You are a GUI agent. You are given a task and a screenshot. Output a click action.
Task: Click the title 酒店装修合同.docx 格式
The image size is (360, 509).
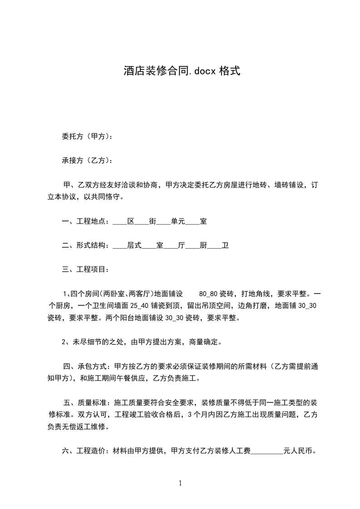[181, 71]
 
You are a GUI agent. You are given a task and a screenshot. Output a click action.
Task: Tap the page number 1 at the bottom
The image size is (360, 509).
[180, 483]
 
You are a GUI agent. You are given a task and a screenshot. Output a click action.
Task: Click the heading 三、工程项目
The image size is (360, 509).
[84, 270]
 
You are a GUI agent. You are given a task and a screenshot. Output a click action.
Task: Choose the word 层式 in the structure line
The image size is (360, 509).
[134, 245]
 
